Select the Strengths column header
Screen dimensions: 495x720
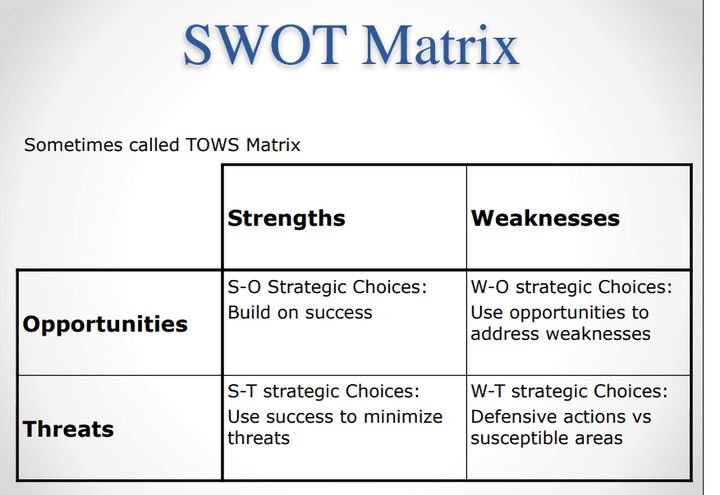[286, 218]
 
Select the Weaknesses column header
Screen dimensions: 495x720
[545, 218]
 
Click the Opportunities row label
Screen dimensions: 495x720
[105, 324]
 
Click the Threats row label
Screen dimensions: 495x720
[68, 429]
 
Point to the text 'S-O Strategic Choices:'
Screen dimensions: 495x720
[327, 287]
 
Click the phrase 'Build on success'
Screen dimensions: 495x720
[300, 312]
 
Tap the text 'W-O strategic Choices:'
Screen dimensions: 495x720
[571, 287]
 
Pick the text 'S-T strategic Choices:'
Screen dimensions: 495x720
[324, 391]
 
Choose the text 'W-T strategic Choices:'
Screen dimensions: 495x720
[569, 391]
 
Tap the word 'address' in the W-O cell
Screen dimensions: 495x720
[505, 334]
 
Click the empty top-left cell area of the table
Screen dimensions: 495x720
[120, 215]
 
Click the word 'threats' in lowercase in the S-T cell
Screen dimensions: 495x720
[258, 438]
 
